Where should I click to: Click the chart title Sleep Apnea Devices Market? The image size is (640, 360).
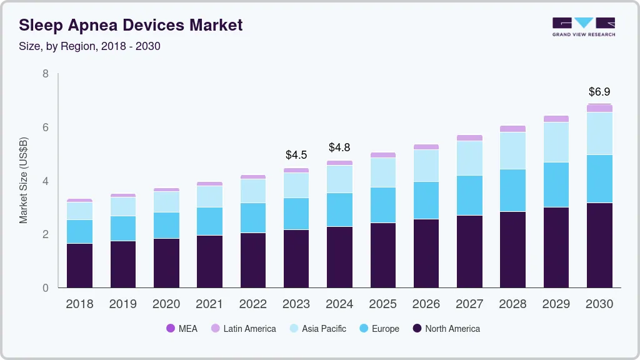click(131, 26)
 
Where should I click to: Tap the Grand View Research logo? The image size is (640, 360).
click(583, 27)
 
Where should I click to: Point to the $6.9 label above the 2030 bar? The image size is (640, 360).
click(599, 92)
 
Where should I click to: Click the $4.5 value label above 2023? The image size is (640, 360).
click(296, 154)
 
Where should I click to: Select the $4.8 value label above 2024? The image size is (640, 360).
click(339, 147)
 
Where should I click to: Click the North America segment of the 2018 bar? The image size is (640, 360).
click(79, 266)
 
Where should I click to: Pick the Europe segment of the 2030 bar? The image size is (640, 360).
click(599, 179)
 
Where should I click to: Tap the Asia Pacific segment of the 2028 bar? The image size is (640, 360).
click(512, 151)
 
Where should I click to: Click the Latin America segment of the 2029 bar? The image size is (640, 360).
click(556, 119)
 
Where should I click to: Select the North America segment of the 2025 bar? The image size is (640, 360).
click(382, 255)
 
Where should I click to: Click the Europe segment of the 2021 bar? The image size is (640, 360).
click(209, 221)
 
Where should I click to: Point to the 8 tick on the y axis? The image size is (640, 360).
click(45, 74)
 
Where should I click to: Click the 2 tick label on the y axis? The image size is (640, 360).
click(45, 234)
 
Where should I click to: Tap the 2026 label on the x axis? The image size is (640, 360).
click(426, 304)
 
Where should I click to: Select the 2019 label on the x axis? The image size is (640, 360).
click(122, 304)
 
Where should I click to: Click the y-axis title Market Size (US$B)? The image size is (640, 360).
click(23, 181)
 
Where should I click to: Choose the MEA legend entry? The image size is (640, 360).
click(181, 329)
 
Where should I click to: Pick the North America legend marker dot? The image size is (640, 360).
click(417, 329)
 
